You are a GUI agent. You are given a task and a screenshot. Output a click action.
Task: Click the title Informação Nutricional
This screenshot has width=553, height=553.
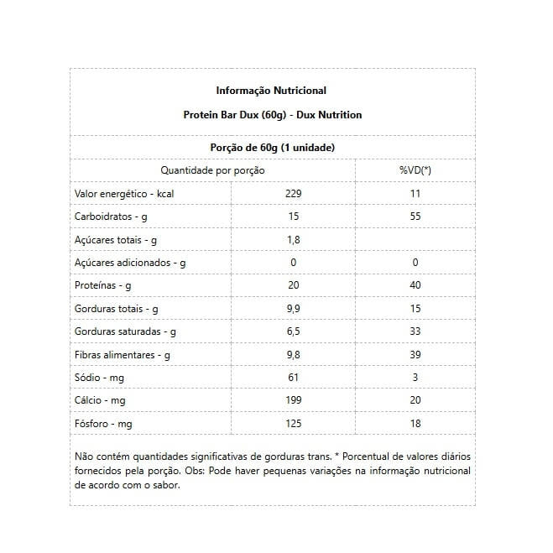tap(271, 91)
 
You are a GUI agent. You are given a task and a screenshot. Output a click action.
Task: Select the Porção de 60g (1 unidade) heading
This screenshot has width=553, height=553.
tap(272, 148)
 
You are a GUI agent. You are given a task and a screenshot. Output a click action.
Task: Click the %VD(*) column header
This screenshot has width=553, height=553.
tap(415, 170)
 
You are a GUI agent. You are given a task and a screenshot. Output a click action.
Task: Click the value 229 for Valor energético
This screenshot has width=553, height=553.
tap(293, 194)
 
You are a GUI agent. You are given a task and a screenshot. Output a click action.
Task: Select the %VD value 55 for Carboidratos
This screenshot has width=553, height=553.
tap(415, 217)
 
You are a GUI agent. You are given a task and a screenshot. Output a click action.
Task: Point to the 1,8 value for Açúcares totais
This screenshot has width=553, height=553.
tap(293, 240)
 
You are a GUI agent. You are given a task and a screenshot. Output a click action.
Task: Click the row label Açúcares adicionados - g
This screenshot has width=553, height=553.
tap(130, 263)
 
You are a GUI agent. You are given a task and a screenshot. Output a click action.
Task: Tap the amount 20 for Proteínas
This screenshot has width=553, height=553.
tap(293, 285)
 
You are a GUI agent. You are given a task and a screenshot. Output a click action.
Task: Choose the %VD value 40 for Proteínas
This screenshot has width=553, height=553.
tap(415, 285)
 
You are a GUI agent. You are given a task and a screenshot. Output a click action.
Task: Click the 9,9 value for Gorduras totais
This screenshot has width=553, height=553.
tap(293, 309)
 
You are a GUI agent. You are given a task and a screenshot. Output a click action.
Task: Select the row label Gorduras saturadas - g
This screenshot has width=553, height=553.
tap(125, 331)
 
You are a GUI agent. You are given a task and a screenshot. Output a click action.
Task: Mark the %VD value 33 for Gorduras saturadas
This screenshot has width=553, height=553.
tap(415, 331)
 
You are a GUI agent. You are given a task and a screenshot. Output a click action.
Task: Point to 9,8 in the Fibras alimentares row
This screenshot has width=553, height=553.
tap(293, 355)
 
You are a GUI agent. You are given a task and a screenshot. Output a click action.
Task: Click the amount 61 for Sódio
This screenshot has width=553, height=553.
tap(293, 378)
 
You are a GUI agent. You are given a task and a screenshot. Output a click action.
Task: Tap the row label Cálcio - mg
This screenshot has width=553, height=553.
tap(100, 400)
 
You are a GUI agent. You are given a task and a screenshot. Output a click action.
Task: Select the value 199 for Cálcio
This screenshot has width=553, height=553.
tap(293, 400)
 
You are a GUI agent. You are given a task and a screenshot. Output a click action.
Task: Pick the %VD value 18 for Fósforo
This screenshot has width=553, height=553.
tap(415, 424)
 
